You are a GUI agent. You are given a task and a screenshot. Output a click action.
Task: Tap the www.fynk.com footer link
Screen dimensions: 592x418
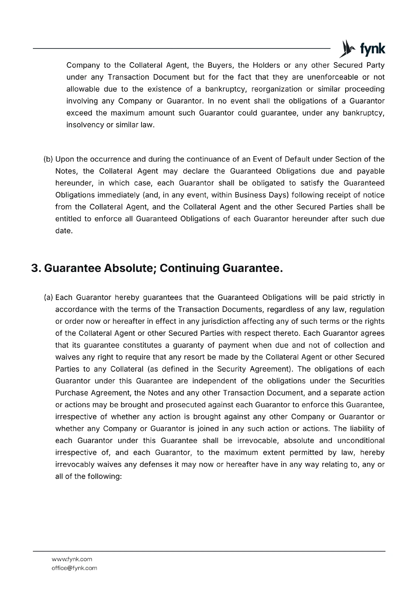[x=72, y=559]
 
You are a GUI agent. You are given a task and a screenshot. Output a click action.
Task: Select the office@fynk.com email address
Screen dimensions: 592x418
[x=74, y=568]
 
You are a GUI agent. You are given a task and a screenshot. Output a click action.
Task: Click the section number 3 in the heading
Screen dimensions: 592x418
[x=35, y=268]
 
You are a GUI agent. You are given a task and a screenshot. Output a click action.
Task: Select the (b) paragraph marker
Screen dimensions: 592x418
[x=48, y=159]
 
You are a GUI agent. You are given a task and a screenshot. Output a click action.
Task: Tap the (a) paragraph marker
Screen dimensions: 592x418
[x=48, y=297]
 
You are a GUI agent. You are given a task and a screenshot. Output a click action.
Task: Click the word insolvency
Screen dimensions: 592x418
[x=85, y=125]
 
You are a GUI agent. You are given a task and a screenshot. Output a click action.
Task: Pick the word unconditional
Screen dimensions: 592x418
[x=360, y=441]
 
